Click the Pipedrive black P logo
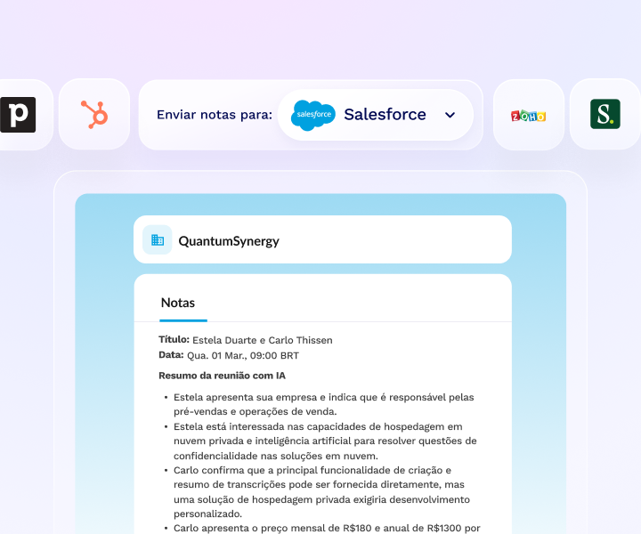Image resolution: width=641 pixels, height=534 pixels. click(x=18, y=115)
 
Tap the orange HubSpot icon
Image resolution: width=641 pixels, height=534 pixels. click(x=94, y=115)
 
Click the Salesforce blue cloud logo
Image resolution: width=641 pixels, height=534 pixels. click(x=313, y=115)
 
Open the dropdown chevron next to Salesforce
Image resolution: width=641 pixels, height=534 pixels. click(x=450, y=115)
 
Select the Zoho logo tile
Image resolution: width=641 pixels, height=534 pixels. click(x=528, y=116)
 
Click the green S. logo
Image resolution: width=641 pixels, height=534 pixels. click(x=604, y=115)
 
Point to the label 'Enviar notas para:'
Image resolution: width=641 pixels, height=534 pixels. click(x=214, y=115)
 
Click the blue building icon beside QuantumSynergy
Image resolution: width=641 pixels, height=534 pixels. click(x=158, y=239)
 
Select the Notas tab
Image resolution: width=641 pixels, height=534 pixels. click(x=178, y=303)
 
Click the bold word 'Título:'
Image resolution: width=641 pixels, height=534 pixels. click(x=174, y=340)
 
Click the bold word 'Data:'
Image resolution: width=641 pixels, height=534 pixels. click(x=171, y=355)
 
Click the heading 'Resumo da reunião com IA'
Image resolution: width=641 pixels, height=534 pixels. click(x=222, y=376)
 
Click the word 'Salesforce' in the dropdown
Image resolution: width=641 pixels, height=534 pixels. click(x=385, y=115)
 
